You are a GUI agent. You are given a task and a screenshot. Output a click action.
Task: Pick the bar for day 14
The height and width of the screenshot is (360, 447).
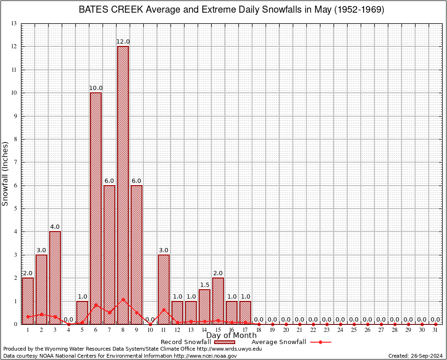[x=204, y=307]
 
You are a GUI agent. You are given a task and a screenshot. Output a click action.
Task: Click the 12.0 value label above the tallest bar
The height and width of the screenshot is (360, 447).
[x=123, y=42]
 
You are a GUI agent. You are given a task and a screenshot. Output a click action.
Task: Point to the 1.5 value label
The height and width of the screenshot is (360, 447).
[x=204, y=285]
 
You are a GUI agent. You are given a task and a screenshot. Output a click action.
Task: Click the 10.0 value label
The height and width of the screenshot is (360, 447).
[x=96, y=88]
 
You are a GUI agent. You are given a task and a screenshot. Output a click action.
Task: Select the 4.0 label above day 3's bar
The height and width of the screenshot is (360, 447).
[x=55, y=227]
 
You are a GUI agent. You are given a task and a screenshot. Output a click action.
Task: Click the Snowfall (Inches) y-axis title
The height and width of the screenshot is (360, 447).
[x=6, y=173]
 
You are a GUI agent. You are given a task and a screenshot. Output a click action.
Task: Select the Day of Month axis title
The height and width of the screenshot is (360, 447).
[x=231, y=336]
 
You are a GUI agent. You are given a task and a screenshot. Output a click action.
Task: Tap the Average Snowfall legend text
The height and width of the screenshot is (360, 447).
[x=279, y=342]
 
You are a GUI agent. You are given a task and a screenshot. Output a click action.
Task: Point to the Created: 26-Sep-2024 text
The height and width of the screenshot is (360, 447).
[x=416, y=356]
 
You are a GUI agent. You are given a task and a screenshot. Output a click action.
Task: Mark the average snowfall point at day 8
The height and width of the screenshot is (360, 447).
[x=123, y=299]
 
